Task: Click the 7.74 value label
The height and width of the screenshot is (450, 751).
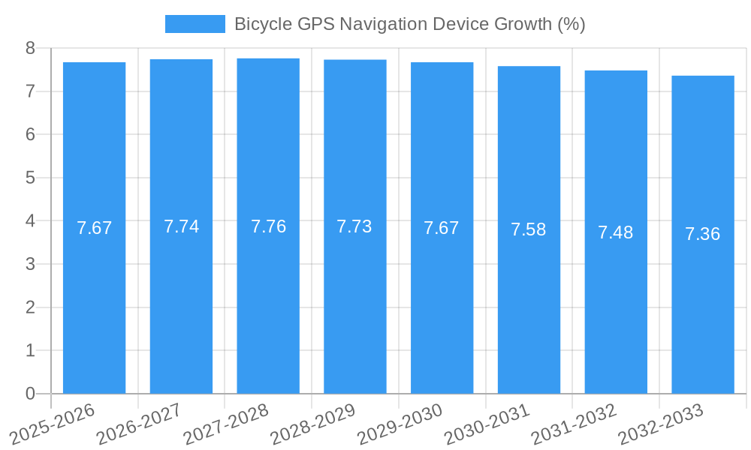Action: coord(181,226)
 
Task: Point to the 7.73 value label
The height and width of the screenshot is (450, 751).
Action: coord(354,226)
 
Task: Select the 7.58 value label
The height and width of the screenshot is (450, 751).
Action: coord(529,229)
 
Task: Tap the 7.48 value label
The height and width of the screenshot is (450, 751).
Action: coord(616,232)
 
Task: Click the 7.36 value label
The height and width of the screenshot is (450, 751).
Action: coord(703,234)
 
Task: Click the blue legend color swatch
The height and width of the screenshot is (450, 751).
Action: coord(195,24)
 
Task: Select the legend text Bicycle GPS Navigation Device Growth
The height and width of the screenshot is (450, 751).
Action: coord(409,24)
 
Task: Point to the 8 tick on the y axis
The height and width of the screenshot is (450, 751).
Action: coord(30,48)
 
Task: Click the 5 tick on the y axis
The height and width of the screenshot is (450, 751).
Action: coord(30,178)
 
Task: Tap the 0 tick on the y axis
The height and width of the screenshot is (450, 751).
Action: coord(30,394)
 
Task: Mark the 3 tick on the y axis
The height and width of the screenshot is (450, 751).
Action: coord(30,264)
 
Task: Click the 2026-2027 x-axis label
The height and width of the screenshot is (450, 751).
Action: coord(139,424)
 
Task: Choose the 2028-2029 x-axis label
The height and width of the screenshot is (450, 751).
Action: coord(312,424)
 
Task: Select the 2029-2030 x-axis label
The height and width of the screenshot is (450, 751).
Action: coord(400,424)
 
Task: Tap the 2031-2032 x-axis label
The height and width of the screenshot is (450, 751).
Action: coord(574,424)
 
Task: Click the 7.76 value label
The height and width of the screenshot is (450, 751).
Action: coord(268,226)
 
